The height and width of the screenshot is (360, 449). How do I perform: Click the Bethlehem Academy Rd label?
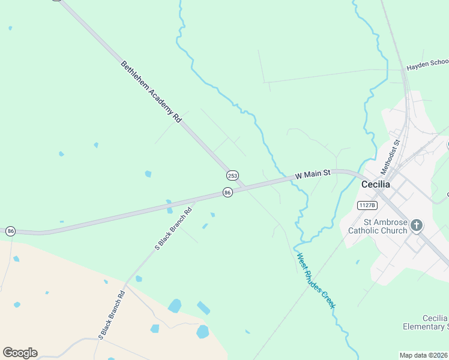[151, 92]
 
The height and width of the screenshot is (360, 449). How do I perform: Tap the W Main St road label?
[313, 175]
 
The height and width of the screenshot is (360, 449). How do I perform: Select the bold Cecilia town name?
[376, 185]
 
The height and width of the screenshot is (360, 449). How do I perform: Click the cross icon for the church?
[417, 226]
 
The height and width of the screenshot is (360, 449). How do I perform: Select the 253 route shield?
[232, 175]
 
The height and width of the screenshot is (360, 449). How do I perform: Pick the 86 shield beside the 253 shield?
[227, 192]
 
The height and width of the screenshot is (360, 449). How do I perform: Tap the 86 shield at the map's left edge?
[10, 231]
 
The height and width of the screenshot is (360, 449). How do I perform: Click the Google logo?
[20, 352]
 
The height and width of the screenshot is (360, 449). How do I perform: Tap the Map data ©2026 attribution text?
[424, 355]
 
